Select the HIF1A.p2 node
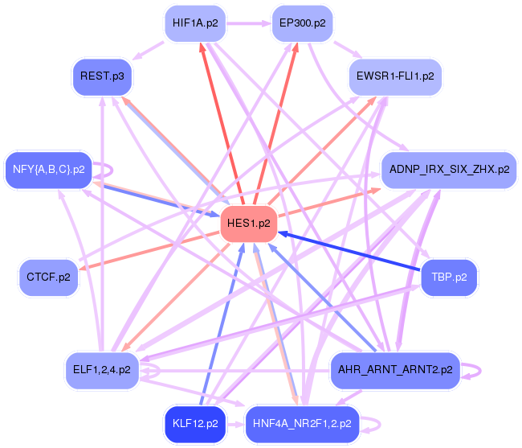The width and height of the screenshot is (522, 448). coord(194,23)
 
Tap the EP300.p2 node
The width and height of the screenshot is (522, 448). coord(302,23)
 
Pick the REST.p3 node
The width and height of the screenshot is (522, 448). coord(101,76)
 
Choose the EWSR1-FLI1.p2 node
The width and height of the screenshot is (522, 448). coord(394,76)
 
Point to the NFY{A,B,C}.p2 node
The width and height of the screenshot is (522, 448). coord(48,169)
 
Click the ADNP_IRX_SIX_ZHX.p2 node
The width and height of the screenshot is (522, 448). coord(448,170)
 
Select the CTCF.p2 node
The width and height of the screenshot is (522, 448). coord(48,277)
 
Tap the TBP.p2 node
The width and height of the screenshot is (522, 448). coord(449,277)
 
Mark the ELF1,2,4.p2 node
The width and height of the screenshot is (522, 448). coord(101,370)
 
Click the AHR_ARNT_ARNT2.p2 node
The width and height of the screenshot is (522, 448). coord(395,370)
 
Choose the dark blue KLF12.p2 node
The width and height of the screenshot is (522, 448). coord(195,422)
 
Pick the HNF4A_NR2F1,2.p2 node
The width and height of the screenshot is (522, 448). coord(302,422)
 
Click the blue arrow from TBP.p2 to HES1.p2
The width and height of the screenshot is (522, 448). coord(353,252)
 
